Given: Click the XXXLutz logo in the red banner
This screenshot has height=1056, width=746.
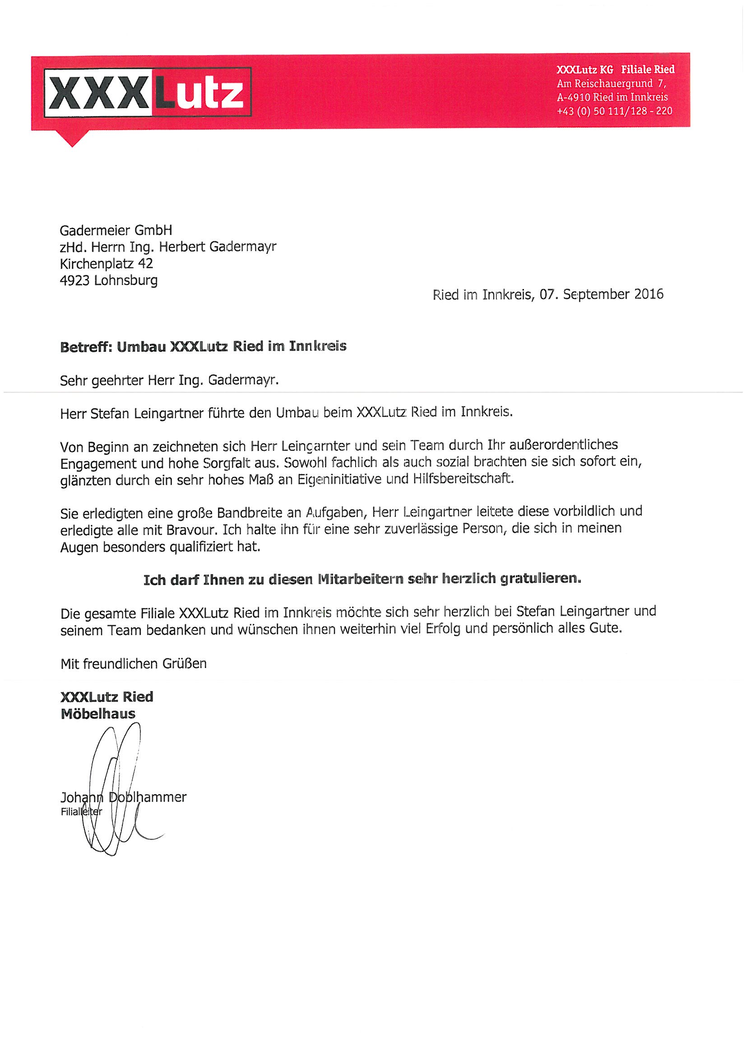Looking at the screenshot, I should point(148,92).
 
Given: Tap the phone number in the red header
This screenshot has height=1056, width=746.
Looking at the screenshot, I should point(614,111).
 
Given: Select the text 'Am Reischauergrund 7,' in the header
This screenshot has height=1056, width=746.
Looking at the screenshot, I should point(612,83).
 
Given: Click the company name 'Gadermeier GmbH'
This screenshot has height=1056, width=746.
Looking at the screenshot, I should point(116,230).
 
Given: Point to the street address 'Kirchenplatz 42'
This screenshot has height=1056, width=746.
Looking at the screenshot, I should point(106,263).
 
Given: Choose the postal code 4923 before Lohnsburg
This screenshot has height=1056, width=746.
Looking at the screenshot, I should point(74,280).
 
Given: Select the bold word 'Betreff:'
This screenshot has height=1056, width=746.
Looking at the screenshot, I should point(86,347).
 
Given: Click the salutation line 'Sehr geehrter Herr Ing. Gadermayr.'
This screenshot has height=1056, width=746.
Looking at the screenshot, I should point(169,381).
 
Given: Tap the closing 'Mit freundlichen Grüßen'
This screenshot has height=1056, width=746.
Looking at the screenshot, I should point(133,664).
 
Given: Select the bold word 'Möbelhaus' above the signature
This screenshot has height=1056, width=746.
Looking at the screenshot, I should point(98,714).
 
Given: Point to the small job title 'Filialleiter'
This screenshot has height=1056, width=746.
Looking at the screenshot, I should point(81,812).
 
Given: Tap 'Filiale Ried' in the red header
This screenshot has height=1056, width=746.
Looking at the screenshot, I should point(648,70).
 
